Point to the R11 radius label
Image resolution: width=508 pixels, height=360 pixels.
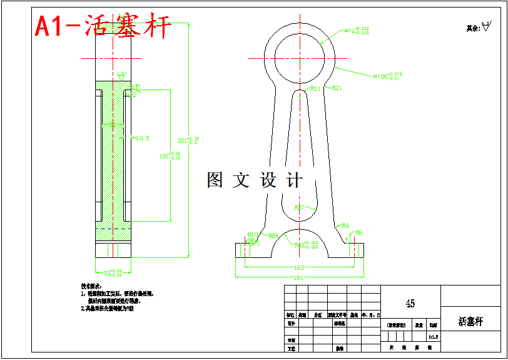(x=316, y=89)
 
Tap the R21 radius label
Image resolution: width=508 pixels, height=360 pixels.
(x=337, y=88)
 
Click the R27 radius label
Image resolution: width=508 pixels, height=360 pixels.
(x=299, y=207)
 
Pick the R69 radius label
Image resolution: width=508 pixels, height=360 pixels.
(x=273, y=236)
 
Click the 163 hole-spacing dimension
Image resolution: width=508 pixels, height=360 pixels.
(x=299, y=267)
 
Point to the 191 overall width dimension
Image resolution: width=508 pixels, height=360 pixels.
(x=299, y=277)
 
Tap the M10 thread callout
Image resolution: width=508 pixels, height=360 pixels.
(x=253, y=235)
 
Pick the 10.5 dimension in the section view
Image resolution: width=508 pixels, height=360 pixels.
(x=143, y=138)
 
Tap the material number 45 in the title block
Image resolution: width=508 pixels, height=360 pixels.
(x=410, y=304)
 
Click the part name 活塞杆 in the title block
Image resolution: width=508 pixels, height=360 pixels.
(x=470, y=322)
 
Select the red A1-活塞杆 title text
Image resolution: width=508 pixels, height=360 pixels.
(x=103, y=26)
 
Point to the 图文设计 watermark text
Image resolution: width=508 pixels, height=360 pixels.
(x=255, y=180)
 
